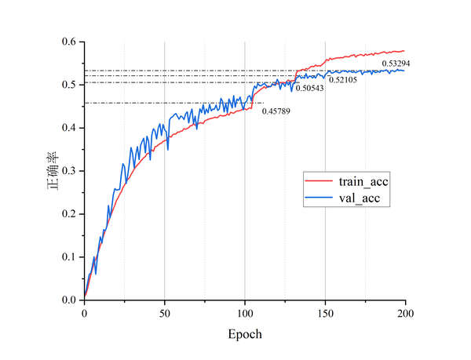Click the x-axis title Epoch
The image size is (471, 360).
pos(246,333)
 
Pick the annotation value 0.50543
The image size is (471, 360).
pos(312,88)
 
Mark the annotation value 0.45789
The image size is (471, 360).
pos(278,111)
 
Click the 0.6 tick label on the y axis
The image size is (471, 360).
pos(71,42)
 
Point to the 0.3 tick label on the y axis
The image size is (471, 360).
pos(71,171)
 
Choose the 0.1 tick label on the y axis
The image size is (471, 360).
pos(71,257)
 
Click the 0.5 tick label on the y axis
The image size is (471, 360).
pos(71,85)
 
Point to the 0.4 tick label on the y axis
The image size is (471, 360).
pos(71,128)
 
